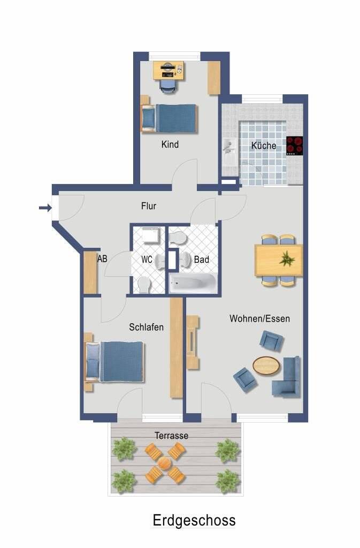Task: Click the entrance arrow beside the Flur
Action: (x=45, y=208)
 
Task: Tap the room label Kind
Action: (x=170, y=144)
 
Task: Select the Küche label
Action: (x=264, y=146)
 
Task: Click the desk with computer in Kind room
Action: (x=168, y=70)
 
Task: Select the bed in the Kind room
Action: (x=170, y=117)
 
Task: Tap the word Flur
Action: (x=149, y=206)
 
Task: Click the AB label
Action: (x=102, y=258)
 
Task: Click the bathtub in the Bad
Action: (x=193, y=283)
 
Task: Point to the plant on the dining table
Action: (x=287, y=260)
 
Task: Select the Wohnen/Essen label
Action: (x=259, y=318)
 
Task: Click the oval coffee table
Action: (x=266, y=366)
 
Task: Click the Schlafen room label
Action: (x=146, y=327)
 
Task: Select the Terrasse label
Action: (x=171, y=436)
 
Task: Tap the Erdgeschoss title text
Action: (x=194, y=520)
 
